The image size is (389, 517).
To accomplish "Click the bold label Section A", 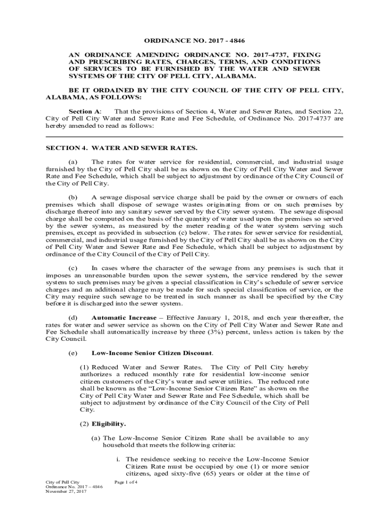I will pos(84,111).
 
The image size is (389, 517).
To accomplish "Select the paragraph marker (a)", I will pos(73,162).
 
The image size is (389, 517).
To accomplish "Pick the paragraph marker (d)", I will pos(73,317).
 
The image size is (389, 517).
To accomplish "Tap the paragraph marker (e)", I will pos(73,352).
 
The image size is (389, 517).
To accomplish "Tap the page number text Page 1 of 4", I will pos(127,482).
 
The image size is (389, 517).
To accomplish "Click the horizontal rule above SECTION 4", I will pos(194,137).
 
